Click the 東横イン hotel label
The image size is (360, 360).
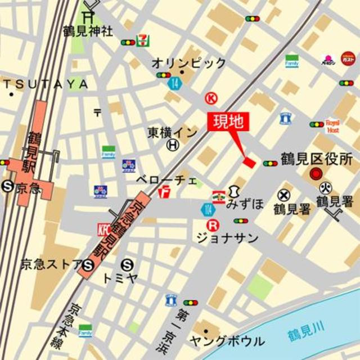(x=173, y=132)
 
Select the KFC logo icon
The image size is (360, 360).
(x=103, y=229)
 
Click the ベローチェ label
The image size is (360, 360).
(x=166, y=180)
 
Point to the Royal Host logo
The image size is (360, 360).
(x=332, y=125)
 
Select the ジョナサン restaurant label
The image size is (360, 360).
(x=227, y=238)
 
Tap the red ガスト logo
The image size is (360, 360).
(x=348, y=58)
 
